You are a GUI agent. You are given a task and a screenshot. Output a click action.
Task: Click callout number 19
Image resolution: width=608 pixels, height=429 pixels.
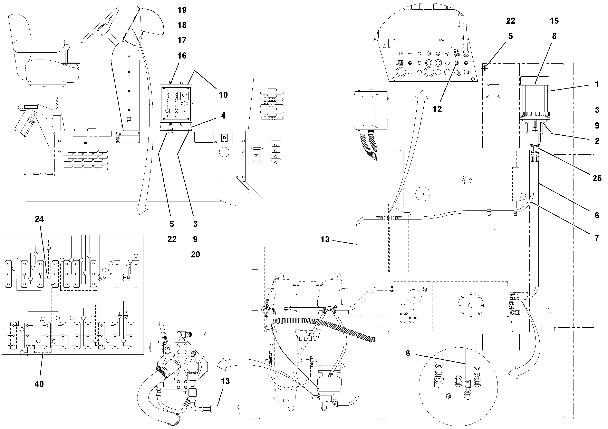(x=182, y=10)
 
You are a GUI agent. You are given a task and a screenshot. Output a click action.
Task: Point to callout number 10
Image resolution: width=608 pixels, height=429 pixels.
(x=223, y=95)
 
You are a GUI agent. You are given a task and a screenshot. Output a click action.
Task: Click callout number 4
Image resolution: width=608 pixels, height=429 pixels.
(x=223, y=116)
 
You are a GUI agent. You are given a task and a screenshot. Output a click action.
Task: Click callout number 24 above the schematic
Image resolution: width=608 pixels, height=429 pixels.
(x=39, y=219)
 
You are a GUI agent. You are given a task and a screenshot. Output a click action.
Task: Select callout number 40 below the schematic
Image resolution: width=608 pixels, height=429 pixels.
(x=39, y=384)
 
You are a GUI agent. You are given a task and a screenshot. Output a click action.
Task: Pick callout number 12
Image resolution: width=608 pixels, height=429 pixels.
(x=437, y=109)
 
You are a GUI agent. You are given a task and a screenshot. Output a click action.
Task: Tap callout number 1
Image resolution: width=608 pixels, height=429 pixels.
(x=597, y=84)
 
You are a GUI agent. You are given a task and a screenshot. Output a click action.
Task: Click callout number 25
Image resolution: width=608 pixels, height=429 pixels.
(x=597, y=178)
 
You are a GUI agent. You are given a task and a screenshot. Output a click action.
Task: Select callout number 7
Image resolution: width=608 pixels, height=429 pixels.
(x=597, y=238)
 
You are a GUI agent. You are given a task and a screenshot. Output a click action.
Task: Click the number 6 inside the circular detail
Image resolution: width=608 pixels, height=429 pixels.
(x=408, y=353)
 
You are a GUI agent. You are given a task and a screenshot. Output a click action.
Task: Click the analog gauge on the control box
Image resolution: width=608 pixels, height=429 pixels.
(x=185, y=95)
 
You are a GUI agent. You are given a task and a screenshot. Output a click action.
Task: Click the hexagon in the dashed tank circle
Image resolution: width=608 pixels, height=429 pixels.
(x=471, y=305)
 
